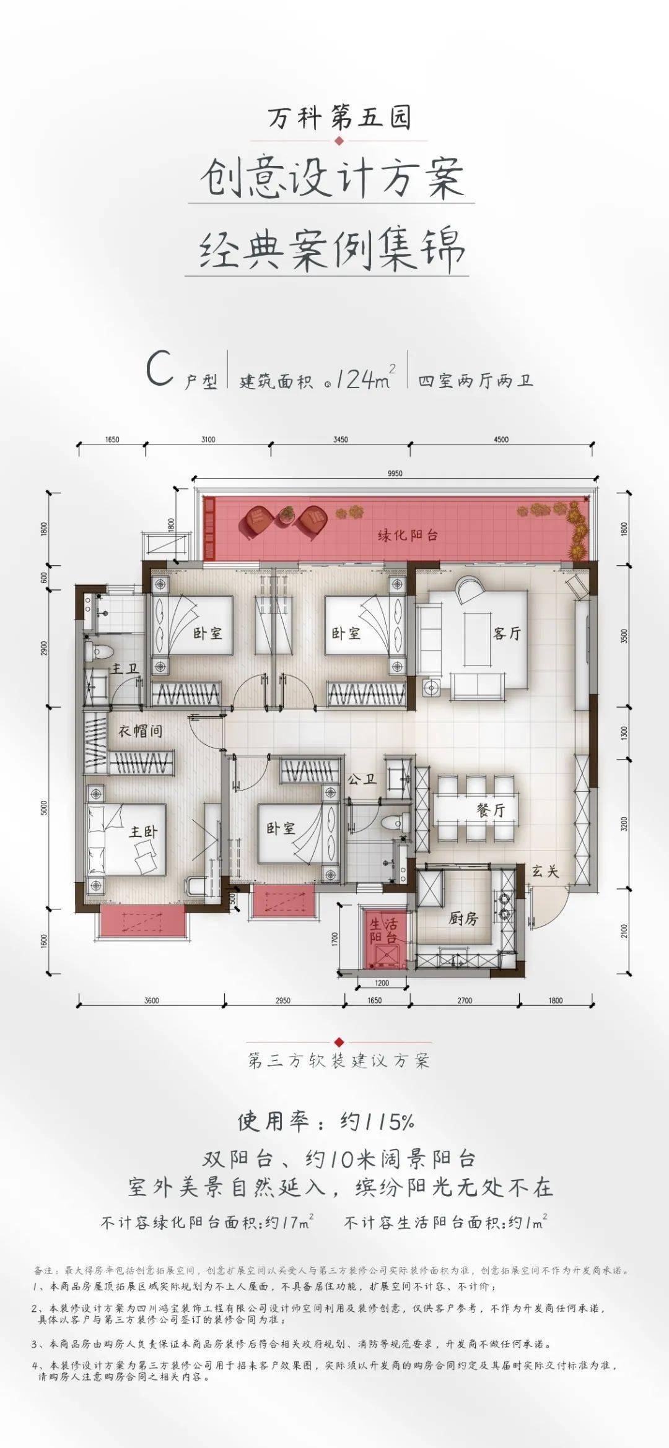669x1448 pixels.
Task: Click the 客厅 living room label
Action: pyautogui.click(x=507, y=633)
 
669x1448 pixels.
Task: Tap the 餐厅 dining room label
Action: pyautogui.click(x=491, y=810)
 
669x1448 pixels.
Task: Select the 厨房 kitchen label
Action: pyautogui.click(x=463, y=919)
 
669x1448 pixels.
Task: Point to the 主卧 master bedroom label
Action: pyautogui.click(x=143, y=831)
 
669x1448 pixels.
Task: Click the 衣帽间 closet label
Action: pyautogui.click(x=141, y=731)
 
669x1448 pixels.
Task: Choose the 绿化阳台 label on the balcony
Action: pyautogui.click(x=408, y=535)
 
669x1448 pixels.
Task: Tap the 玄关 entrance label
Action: pyautogui.click(x=545, y=872)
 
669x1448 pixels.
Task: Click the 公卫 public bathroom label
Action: pyautogui.click(x=362, y=779)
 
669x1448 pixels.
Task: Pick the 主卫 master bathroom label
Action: pyautogui.click(x=124, y=669)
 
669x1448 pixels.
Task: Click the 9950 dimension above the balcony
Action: pyautogui.click(x=395, y=474)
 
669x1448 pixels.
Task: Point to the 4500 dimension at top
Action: pyautogui.click(x=501, y=440)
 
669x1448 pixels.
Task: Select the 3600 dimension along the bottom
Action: pyautogui.click(x=151, y=1000)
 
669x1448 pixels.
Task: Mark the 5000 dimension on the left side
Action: pyautogui.click(x=44, y=807)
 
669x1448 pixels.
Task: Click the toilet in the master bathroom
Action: pyautogui.click(x=100, y=652)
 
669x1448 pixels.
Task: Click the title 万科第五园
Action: pyautogui.click(x=339, y=118)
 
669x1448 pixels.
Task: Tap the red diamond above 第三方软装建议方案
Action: pyautogui.click(x=338, y=1042)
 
